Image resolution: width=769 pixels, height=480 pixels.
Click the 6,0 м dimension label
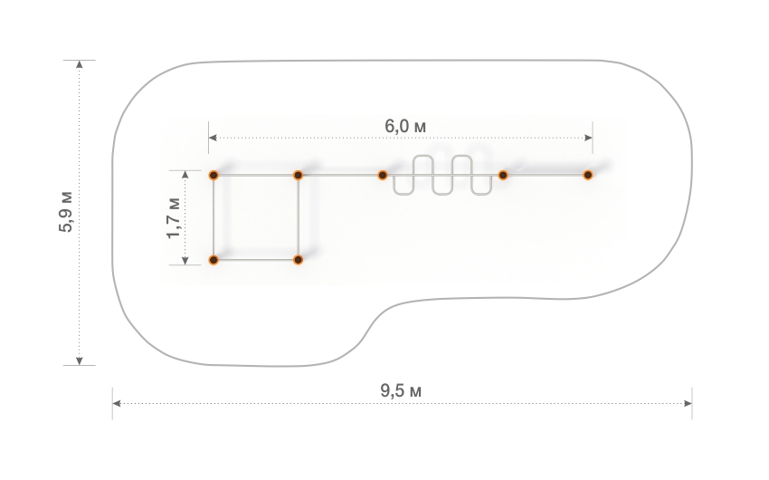point(405,126)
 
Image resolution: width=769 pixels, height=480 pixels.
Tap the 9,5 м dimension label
point(401,391)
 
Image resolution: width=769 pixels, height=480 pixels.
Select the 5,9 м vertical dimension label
point(66,212)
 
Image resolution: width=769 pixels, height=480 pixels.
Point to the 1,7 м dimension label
point(173,217)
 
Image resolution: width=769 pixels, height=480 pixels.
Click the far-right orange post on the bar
point(587,175)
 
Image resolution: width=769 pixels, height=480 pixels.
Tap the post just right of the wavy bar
point(503,175)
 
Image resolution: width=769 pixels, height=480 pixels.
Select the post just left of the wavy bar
point(383,175)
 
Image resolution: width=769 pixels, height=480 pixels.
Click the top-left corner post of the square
point(214,175)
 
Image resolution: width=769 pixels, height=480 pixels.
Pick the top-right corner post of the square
point(298,175)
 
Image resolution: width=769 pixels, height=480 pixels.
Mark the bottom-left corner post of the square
point(214,260)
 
